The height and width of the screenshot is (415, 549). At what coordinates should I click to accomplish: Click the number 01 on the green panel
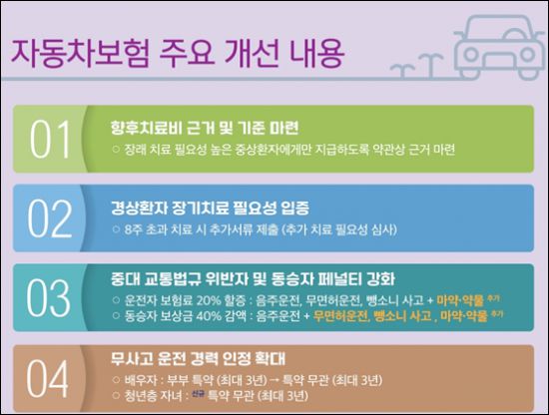click(48, 139)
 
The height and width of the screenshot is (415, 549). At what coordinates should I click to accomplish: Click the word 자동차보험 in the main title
click(75, 51)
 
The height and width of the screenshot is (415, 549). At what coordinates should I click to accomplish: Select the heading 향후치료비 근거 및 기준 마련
click(189, 130)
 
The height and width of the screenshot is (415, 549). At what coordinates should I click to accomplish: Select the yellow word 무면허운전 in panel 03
click(341, 315)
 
